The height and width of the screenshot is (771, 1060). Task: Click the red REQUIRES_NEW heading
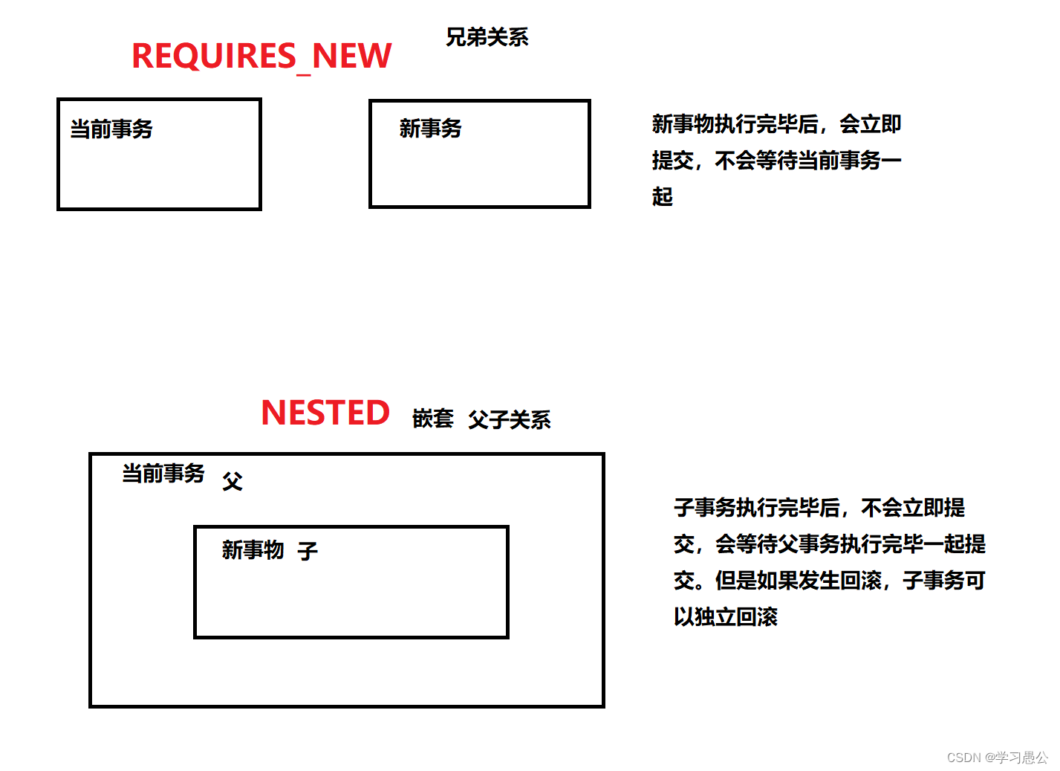pos(261,57)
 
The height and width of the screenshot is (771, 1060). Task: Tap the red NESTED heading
pos(325,413)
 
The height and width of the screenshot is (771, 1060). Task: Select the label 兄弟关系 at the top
pos(487,37)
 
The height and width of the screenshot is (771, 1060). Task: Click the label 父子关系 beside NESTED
pos(510,420)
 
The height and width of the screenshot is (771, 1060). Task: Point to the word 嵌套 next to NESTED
pos(432,419)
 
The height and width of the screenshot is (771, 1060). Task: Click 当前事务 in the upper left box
pos(111,129)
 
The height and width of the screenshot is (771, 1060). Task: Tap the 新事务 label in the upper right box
pos(430,129)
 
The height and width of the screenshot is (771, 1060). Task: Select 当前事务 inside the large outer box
pos(163,474)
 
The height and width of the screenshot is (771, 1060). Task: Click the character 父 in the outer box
pos(233,482)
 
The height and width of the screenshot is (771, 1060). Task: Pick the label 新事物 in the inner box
pos(253,550)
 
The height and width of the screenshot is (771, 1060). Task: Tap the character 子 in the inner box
pos(308,551)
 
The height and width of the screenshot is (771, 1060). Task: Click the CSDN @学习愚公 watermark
pos(997,758)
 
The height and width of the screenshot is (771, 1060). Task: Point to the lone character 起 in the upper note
pos(662,196)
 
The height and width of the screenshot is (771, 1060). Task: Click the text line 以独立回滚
pos(725,617)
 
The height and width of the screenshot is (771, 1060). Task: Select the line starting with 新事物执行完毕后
pos(776,124)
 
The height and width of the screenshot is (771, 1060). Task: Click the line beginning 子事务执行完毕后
pos(819,508)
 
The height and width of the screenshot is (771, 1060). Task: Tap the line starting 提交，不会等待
pos(776,161)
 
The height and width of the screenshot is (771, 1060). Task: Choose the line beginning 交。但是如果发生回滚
pos(829,581)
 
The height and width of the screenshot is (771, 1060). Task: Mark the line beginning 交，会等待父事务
pos(829,544)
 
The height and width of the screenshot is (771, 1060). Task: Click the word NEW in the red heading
pos(351,57)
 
